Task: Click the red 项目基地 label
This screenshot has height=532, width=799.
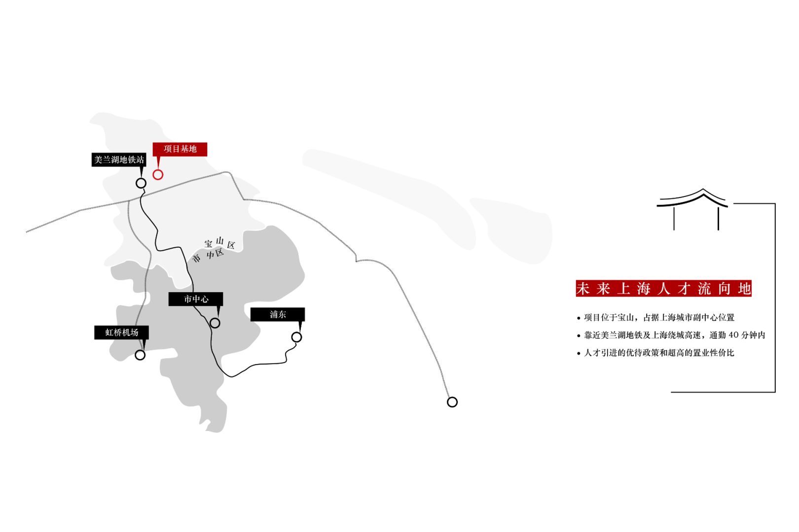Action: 180,149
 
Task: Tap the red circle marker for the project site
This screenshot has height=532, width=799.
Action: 158,174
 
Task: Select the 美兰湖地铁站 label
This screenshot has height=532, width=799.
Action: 119,160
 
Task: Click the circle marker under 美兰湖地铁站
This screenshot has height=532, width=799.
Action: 141,183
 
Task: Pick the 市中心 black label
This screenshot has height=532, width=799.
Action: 196,299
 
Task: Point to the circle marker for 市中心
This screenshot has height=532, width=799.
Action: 215,323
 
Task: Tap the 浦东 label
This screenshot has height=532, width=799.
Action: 278,314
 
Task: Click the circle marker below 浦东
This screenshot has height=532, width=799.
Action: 296,337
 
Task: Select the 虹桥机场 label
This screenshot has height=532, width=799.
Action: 121,332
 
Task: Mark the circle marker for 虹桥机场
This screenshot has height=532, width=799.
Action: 140,355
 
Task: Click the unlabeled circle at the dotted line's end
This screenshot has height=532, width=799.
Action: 452,402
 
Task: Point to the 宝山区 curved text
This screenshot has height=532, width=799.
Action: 220,242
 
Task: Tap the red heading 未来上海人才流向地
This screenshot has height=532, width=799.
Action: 663,288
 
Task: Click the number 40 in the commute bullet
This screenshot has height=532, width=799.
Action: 733,335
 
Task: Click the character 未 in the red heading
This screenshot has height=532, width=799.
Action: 583,288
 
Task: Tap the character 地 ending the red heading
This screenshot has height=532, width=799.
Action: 744,288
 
